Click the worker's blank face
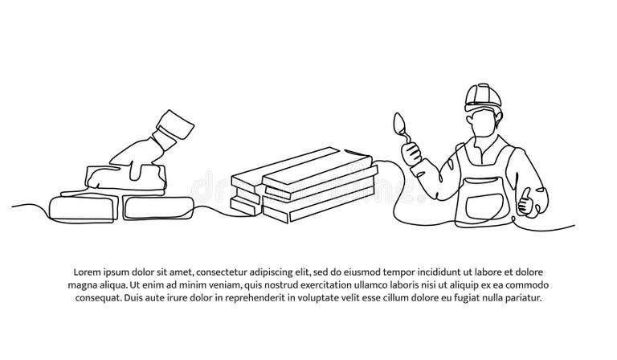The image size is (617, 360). coord(482,121)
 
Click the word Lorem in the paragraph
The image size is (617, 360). coord(88,271)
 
